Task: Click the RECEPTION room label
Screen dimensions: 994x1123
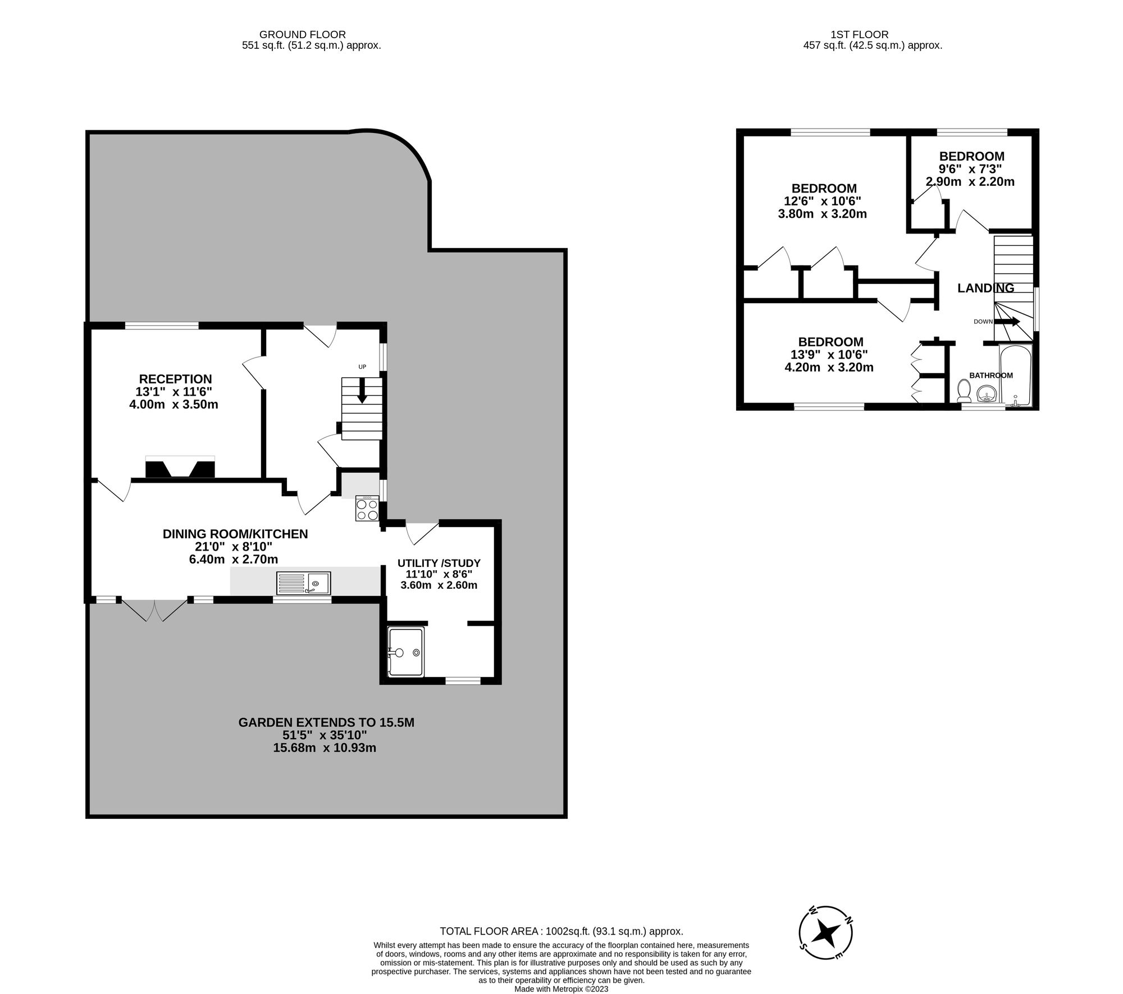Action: point(175,379)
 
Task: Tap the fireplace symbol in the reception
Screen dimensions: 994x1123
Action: point(180,468)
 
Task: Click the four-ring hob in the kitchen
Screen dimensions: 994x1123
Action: point(367,510)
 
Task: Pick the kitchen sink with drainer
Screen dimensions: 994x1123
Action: point(303,583)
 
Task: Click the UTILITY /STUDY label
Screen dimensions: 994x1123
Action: point(439,563)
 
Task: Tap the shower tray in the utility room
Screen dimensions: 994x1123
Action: point(405,652)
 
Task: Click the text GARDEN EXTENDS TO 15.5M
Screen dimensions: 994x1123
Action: point(326,722)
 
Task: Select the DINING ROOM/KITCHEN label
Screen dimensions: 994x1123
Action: point(235,534)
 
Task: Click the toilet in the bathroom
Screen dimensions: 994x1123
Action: point(964,391)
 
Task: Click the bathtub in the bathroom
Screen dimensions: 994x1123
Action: point(1016,375)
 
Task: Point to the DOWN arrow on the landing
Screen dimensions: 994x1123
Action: point(1007,322)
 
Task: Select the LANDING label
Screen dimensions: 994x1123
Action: point(985,288)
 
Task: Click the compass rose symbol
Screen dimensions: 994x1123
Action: point(826,933)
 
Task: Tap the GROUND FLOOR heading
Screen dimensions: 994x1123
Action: point(302,35)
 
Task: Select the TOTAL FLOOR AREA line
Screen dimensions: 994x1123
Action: point(561,931)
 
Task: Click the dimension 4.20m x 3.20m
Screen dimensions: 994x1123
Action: point(829,368)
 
